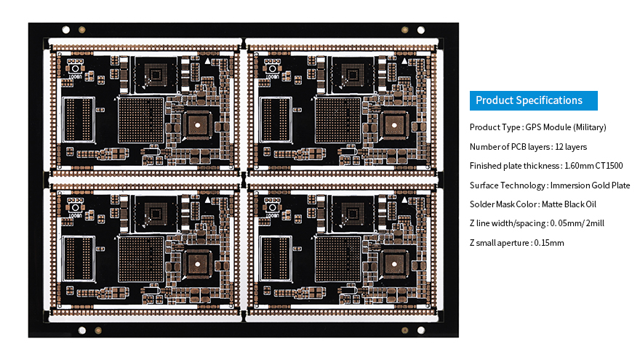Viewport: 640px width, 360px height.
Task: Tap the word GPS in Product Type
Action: click(535, 127)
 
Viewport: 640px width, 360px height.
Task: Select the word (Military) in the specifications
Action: click(590, 127)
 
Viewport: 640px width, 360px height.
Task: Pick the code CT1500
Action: click(609, 166)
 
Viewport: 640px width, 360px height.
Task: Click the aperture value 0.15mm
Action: click(549, 243)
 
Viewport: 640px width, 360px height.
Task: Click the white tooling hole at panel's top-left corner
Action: click(65, 31)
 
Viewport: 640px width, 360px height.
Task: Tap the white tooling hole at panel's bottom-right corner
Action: click(422, 330)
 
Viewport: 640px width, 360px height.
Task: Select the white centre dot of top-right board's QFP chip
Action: click(394, 124)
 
